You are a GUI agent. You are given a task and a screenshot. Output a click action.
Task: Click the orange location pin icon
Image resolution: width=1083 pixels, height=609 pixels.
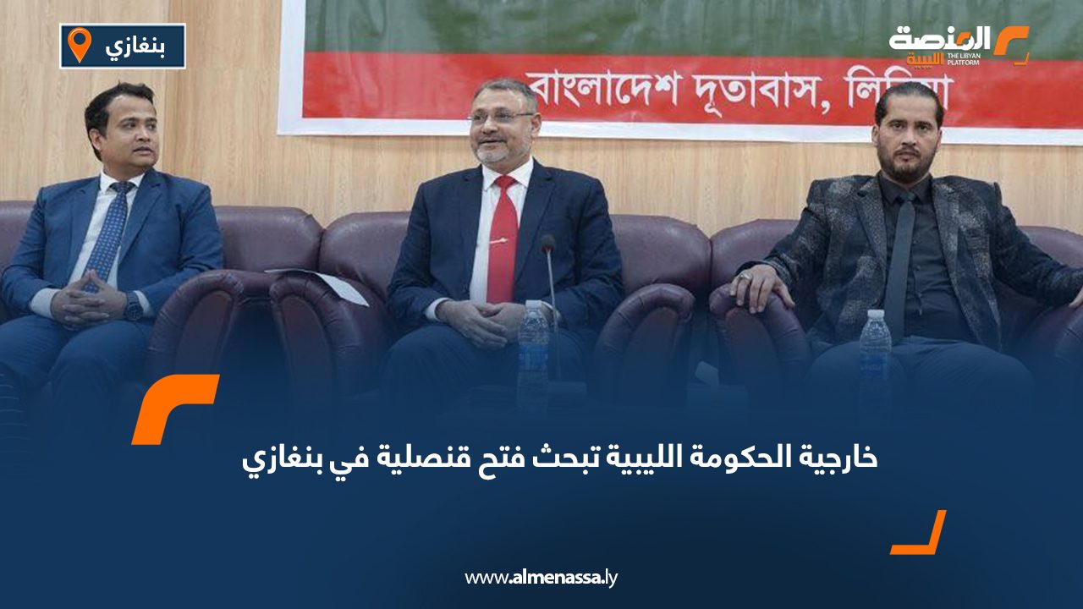click(80, 45)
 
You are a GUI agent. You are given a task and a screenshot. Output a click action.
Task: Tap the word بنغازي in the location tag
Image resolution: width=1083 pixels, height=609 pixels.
click(135, 47)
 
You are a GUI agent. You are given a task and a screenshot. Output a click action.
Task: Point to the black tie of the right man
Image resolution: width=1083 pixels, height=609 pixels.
click(900, 266)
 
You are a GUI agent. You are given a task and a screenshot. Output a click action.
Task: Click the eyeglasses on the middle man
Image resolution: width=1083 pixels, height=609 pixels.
click(502, 117)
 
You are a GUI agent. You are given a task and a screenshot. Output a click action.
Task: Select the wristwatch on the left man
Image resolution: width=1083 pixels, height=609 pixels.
click(134, 306)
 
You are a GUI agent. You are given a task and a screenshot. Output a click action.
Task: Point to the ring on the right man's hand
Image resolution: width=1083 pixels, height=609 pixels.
click(745, 277)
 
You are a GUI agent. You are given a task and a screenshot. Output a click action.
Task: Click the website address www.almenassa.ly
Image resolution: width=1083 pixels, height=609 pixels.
click(541, 578)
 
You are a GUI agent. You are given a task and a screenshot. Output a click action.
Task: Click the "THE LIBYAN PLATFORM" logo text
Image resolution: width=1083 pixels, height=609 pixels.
click(963, 59)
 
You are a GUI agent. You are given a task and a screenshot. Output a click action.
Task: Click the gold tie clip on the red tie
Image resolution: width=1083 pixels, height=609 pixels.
click(498, 240)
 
